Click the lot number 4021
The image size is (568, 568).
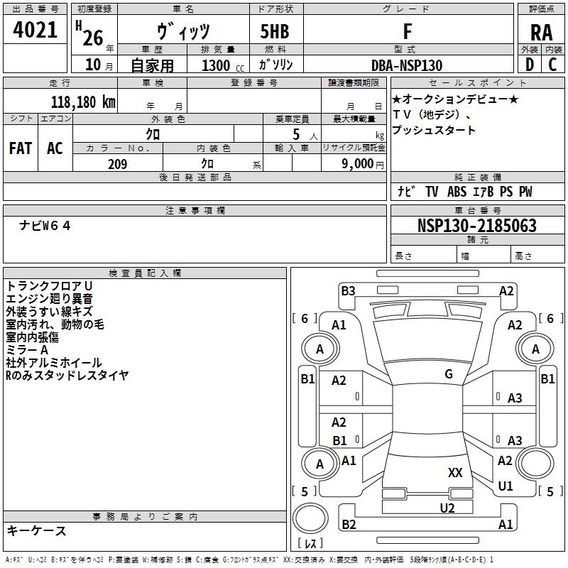[35, 30]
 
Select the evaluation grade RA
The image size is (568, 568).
[541, 33]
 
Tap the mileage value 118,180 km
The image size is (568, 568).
[83, 102]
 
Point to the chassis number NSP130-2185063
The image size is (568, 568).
[476, 225]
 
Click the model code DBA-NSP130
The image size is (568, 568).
[407, 65]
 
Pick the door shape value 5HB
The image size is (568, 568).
[275, 31]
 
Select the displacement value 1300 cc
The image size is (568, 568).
[223, 65]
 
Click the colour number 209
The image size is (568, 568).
[117, 164]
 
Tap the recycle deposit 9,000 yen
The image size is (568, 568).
[362, 164]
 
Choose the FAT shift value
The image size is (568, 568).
[21, 148]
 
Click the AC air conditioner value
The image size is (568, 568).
[55, 148]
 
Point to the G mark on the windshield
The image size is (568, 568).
[449, 373]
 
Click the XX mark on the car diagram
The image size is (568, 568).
[455, 472]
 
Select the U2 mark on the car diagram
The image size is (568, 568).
[447, 508]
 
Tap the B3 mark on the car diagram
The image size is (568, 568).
[348, 290]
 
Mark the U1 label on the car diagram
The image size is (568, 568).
[506, 486]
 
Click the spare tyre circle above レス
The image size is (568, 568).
[310, 518]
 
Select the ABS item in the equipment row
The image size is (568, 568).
[457, 191]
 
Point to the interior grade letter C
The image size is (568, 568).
[552, 65]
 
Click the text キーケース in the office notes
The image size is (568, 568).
[36, 530]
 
